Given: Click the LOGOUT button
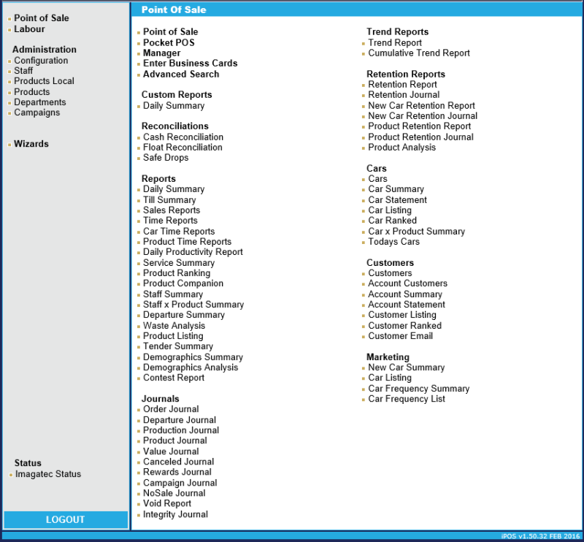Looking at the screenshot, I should [66, 519].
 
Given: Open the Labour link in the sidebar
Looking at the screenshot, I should [29, 29].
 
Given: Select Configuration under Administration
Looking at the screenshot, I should [41, 61].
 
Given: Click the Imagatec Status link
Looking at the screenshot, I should [48, 474].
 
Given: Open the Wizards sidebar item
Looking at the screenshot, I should [31, 144].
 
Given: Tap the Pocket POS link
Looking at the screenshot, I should [169, 42].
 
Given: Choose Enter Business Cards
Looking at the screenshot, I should [190, 64].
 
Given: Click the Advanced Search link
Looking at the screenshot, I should [181, 74].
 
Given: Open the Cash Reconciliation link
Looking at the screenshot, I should [183, 137].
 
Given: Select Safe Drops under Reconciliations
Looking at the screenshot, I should [166, 158].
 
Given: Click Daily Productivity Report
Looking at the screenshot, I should [193, 252].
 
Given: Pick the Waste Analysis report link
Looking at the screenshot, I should [174, 326].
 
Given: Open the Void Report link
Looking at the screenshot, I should [167, 503].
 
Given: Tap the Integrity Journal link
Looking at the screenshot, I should [175, 514].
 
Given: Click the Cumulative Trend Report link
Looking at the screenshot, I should [419, 53].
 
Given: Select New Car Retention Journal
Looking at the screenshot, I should [423, 116].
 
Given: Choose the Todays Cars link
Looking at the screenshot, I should [393, 242].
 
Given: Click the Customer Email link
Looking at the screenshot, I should [400, 336].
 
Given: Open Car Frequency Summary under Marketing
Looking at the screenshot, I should [418, 389].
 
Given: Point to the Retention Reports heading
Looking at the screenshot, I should [406, 74].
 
